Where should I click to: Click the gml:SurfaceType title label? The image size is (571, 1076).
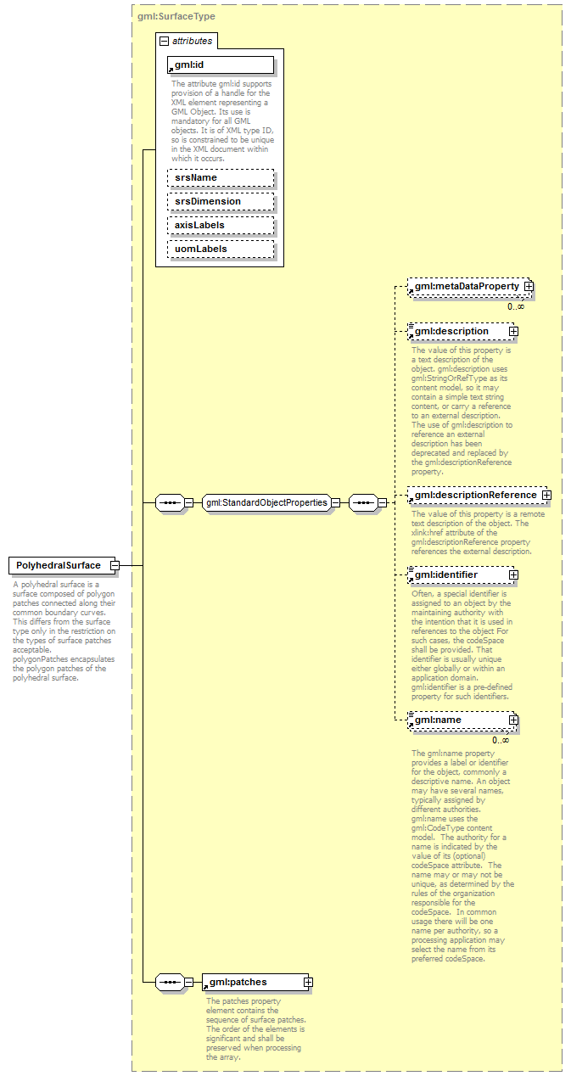pos(176,16)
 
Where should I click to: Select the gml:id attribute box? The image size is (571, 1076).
pos(220,65)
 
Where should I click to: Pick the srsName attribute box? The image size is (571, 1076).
pos(220,177)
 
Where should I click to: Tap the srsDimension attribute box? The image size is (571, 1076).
pos(220,201)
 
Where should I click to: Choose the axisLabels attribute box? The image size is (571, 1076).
pos(220,225)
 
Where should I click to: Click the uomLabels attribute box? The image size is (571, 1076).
pos(220,249)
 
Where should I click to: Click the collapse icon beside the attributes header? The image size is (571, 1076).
pos(165,41)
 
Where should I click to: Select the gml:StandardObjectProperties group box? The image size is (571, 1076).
pos(266,502)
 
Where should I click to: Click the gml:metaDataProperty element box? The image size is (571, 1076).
pos(467,287)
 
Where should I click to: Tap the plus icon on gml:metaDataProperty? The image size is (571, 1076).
pos(529,287)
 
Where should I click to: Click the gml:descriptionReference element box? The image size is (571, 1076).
pos(475,495)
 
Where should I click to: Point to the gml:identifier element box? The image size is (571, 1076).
pos(458,574)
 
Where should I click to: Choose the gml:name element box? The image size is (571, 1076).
pos(458,720)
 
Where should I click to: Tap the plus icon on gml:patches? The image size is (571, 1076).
pos(308,982)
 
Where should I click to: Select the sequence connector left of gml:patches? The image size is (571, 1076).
pos(171,982)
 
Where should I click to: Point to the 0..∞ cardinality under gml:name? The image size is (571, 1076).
pos(501,740)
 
